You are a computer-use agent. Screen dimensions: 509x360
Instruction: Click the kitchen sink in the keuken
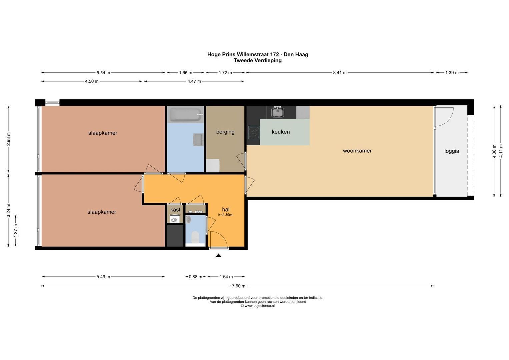point(277,112)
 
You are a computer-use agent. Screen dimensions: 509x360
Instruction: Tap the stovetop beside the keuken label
point(254,132)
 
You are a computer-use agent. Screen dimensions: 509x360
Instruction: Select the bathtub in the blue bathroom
point(185,115)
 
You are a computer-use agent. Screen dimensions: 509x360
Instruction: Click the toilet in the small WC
point(195,237)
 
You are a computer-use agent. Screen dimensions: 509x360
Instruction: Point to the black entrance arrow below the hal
point(218,255)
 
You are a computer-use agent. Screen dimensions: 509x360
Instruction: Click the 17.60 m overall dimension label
point(237,286)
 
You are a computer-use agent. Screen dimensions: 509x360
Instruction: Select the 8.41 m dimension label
point(340,73)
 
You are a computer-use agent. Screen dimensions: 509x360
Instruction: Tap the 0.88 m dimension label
point(195,277)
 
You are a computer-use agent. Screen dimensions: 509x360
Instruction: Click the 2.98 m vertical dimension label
point(9,139)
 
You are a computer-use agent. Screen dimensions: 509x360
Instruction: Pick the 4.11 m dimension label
point(501,151)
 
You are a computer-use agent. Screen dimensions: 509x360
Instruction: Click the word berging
point(225,132)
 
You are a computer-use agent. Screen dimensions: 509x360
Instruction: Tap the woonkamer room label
point(357,151)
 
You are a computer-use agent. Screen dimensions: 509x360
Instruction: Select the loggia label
point(452,151)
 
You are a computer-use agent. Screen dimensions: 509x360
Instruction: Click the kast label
point(175,210)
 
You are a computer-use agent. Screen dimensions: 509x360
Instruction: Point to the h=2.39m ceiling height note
point(225,215)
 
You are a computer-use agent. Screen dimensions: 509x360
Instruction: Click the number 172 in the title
point(274,55)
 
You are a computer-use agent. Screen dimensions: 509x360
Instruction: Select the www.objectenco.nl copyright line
point(258,306)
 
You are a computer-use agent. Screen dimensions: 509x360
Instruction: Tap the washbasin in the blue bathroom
point(197,140)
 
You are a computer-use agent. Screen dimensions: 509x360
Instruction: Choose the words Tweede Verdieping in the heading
point(258,61)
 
